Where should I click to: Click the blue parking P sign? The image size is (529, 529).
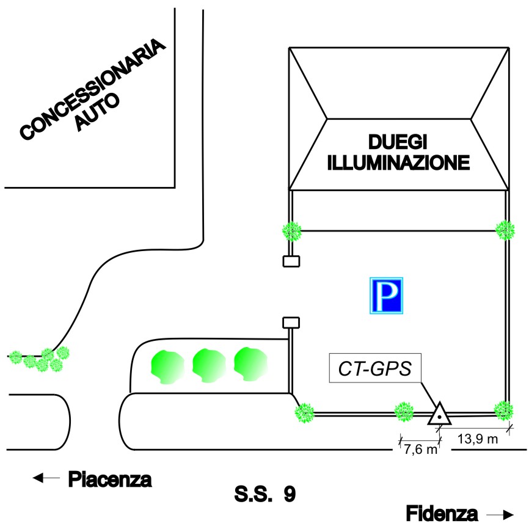point(385,296)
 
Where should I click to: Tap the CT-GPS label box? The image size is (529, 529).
point(373,368)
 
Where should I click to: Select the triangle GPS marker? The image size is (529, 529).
point(439,415)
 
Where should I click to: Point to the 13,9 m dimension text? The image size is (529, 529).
point(478,439)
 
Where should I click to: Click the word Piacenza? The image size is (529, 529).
point(109,479)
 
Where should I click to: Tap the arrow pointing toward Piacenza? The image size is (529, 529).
point(46,478)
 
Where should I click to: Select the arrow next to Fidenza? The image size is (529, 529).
point(499,514)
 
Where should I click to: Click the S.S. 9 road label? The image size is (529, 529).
point(264,494)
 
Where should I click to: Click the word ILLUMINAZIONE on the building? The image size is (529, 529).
point(399,163)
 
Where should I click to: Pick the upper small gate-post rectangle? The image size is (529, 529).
point(291,261)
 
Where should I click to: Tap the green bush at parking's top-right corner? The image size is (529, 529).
point(505,230)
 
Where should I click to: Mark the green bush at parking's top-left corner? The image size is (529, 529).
point(292,231)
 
